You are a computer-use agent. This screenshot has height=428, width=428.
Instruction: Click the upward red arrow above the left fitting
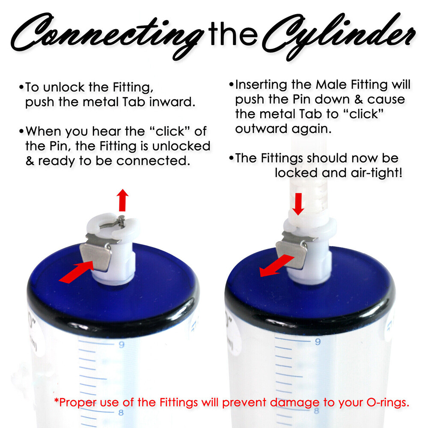click(123, 200)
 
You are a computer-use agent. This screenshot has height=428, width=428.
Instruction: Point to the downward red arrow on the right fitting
click(298, 204)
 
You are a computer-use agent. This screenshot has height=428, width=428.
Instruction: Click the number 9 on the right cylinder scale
click(318, 342)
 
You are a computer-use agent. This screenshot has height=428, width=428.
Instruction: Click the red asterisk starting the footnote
click(56, 401)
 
